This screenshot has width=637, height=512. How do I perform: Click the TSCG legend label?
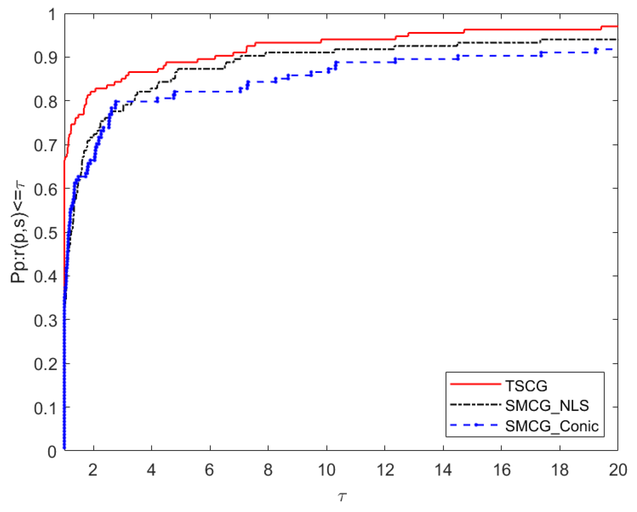tap(526, 386)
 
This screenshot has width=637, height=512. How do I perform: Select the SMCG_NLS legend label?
tap(547, 406)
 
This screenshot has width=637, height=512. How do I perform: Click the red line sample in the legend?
tap(475, 384)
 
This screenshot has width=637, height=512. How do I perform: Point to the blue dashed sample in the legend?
tap(475, 425)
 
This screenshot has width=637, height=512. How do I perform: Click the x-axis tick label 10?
tap(326, 470)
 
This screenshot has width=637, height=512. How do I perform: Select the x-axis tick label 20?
tap(618, 470)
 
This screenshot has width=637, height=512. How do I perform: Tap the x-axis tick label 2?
tap(93, 470)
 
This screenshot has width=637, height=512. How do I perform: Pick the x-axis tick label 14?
tap(443, 470)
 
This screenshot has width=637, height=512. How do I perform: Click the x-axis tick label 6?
tap(210, 470)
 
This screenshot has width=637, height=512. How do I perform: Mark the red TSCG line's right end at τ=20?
tap(617, 27)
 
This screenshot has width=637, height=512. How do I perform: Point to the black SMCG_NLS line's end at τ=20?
tap(617, 40)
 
